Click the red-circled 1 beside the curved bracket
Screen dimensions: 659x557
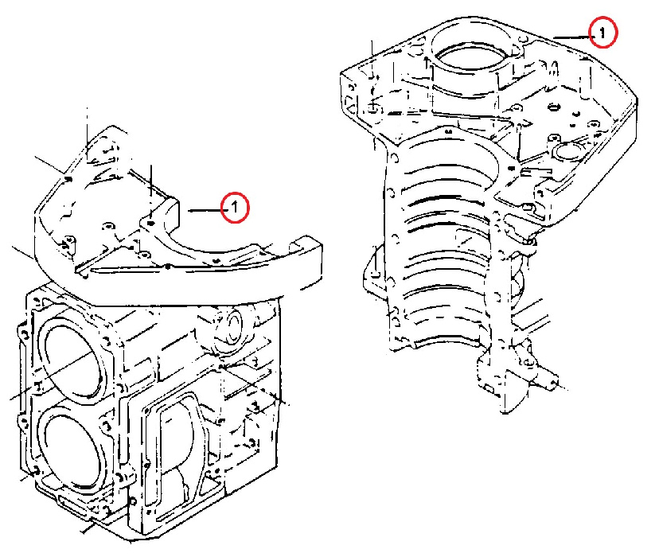click(236, 207)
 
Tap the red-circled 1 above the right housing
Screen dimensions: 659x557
click(603, 32)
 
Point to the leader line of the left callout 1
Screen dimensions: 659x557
click(205, 210)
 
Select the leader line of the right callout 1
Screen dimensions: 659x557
click(571, 37)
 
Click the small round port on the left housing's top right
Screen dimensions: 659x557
click(230, 325)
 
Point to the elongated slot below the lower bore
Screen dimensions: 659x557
click(73, 503)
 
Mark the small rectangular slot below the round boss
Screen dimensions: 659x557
click(536, 171)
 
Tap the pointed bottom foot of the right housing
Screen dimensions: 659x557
click(509, 395)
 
